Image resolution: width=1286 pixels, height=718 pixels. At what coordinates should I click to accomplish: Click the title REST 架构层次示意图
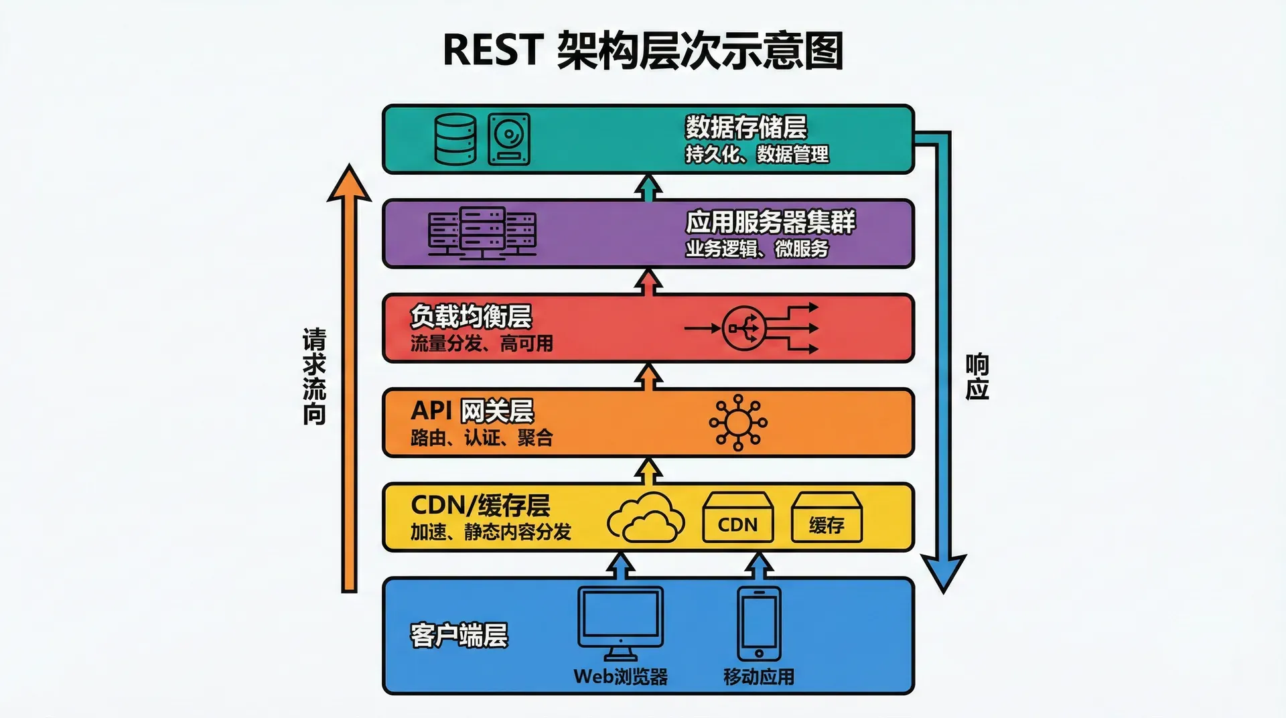[642, 50]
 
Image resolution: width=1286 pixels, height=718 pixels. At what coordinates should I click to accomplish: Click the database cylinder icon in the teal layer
[455, 139]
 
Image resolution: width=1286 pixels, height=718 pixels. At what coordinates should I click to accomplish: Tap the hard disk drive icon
[509, 139]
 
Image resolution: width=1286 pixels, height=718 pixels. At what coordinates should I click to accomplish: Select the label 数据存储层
[745, 127]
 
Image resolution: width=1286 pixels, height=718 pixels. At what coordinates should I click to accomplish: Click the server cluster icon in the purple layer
[482, 233]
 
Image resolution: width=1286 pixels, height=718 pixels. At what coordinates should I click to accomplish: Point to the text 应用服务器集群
[770, 222]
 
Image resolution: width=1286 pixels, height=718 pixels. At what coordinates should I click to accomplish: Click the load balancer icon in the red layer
[743, 328]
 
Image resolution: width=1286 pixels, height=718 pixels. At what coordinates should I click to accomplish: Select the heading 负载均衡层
[471, 316]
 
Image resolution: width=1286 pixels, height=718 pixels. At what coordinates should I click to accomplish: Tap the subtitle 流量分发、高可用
[482, 344]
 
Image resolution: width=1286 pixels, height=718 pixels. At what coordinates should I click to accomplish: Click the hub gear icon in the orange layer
[738, 423]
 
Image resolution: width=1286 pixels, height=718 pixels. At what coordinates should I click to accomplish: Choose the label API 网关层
[472, 411]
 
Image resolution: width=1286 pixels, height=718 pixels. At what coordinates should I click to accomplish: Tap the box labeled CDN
[737, 518]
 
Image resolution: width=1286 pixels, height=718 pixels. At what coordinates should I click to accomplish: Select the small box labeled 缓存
[827, 518]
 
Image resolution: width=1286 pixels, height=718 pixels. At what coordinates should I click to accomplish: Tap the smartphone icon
[759, 623]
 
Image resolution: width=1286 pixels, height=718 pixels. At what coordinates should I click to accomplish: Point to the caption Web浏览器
[621, 676]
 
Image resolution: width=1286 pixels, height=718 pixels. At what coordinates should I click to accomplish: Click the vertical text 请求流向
[314, 376]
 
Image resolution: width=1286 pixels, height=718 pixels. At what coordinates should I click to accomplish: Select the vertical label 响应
[977, 376]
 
